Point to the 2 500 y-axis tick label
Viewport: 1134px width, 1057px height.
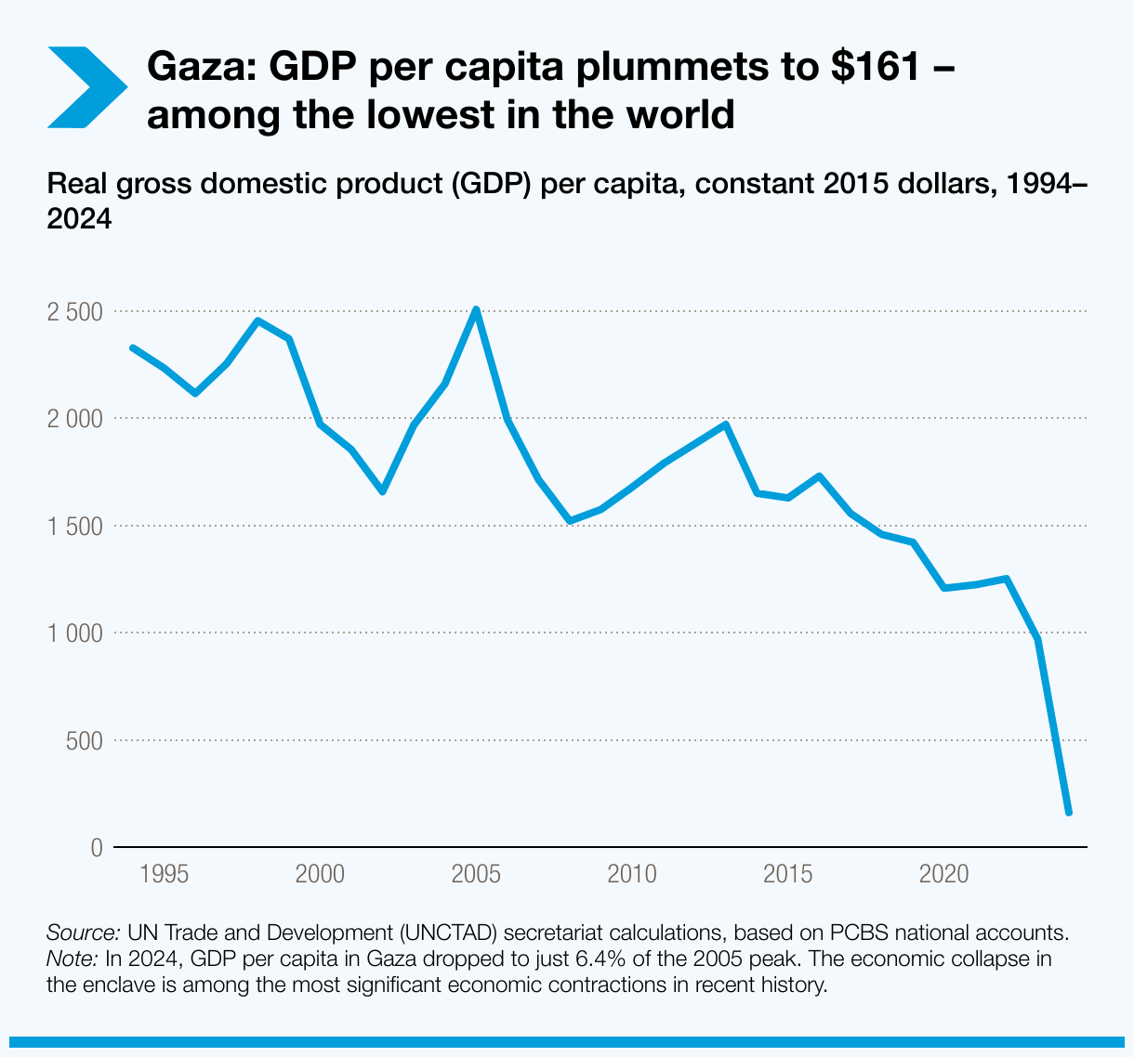74,311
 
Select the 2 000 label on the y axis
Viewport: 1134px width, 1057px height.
74,419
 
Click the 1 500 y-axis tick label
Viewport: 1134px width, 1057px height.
74,527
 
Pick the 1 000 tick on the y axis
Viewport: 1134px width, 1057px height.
74,633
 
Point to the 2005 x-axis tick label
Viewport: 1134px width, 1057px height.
477,874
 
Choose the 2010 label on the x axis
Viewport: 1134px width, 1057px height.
633,874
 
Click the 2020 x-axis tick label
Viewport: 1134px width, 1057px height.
944,874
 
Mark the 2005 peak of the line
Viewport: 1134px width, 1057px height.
476,310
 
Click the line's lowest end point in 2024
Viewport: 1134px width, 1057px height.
1069,813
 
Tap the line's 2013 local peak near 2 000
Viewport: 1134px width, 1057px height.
726,424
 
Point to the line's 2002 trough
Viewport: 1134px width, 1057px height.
382,491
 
